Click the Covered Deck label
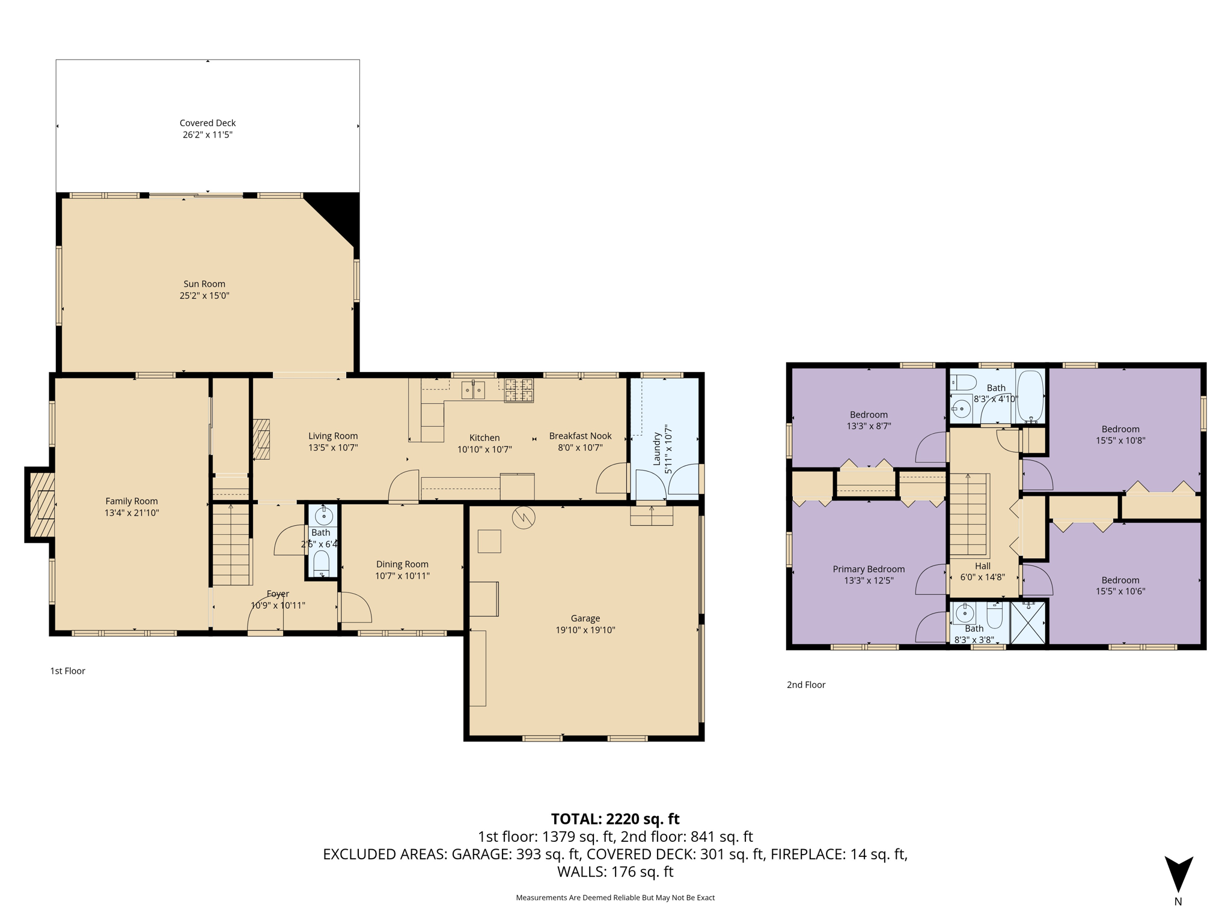[x=207, y=123]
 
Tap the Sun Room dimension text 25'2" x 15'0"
[x=204, y=296]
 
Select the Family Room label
[x=132, y=501]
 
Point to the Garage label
[x=585, y=618]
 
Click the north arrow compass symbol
[x=1179, y=874]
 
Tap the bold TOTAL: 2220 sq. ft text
[x=615, y=819]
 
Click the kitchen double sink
[x=473, y=390]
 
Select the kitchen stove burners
[x=519, y=390]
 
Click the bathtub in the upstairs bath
[x=1030, y=397]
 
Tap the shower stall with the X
[x=1028, y=623]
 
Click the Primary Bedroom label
[x=869, y=569]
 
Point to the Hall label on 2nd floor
[x=983, y=566]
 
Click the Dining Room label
[x=402, y=564]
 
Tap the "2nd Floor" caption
[x=806, y=685]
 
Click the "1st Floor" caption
[x=67, y=671]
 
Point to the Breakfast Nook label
[x=580, y=436]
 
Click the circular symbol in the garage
[x=524, y=517]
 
